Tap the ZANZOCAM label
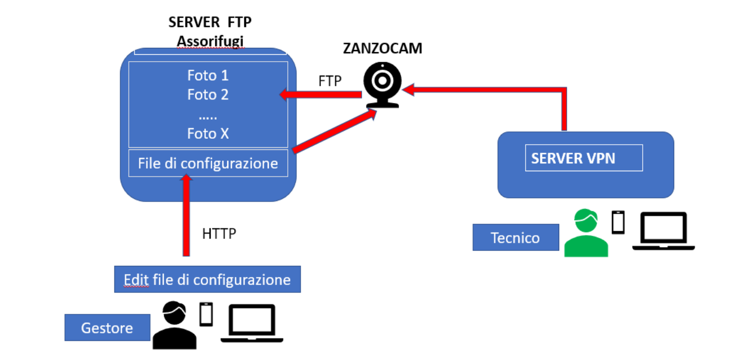[382, 48]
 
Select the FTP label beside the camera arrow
[330, 81]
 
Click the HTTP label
[219, 233]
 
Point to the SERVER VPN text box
[584, 158]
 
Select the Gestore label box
[107, 328]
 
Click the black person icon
[174, 325]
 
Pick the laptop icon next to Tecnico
[663, 231]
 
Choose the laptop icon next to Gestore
[252, 323]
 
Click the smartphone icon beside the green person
[618, 222]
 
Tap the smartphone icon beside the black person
[206, 314]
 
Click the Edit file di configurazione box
[207, 279]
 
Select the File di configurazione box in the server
[208, 163]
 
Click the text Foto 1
[208, 75]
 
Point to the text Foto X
[208, 133]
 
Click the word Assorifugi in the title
[210, 40]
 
